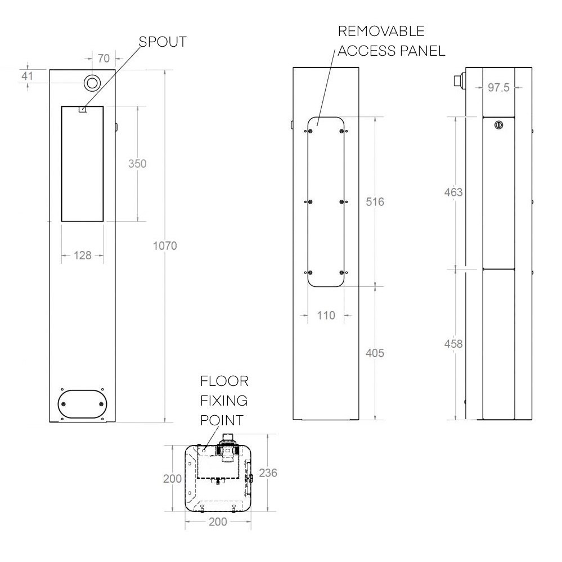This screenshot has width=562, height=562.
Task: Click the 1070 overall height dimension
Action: click(x=165, y=245)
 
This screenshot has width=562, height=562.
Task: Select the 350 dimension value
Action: click(x=137, y=164)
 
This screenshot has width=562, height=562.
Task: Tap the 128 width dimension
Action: click(x=82, y=255)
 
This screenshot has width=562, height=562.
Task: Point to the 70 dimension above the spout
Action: click(x=104, y=57)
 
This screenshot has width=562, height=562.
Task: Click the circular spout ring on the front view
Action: click(x=92, y=83)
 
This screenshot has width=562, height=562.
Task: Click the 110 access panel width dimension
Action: click(x=325, y=315)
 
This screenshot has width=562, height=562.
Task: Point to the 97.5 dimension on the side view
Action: click(x=498, y=87)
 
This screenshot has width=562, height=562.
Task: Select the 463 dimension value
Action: click(x=453, y=192)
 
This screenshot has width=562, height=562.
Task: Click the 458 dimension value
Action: click(x=453, y=343)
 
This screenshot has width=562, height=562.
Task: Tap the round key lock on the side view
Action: click(x=498, y=125)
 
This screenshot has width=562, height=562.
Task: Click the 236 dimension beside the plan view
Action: click(x=268, y=473)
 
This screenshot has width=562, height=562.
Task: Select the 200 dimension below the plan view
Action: click(x=218, y=521)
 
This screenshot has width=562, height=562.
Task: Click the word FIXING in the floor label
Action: click(x=224, y=401)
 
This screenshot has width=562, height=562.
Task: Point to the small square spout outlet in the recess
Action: click(x=82, y=110)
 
